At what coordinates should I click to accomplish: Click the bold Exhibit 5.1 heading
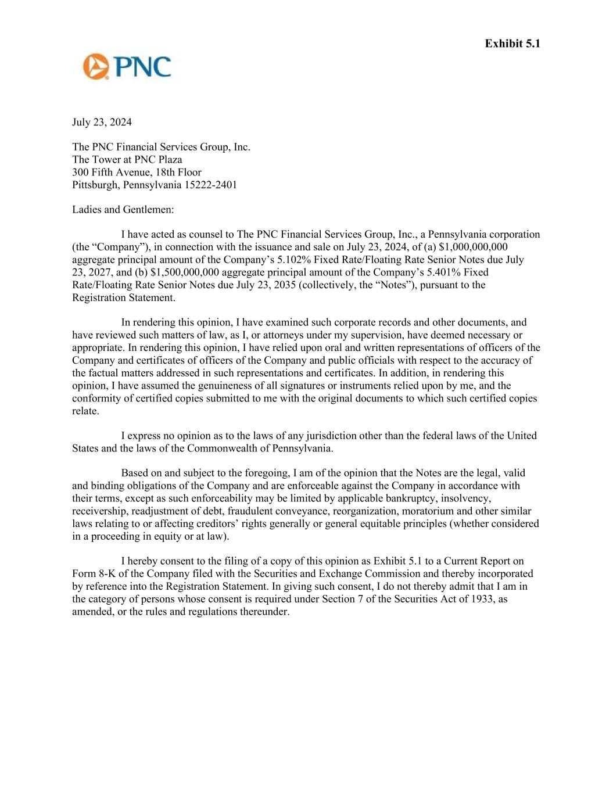(512, 44)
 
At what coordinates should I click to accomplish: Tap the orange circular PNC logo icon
(96, 66)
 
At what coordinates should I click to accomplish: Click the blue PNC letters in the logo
(143, 66)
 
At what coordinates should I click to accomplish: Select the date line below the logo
(102, 122)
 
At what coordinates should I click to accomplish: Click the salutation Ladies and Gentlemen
(123, 210)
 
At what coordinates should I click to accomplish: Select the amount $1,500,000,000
(184, 272)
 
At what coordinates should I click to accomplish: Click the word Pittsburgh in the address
(95, 185)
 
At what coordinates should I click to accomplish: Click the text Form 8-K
(93, 574)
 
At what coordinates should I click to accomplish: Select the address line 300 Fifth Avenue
(137, 172)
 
